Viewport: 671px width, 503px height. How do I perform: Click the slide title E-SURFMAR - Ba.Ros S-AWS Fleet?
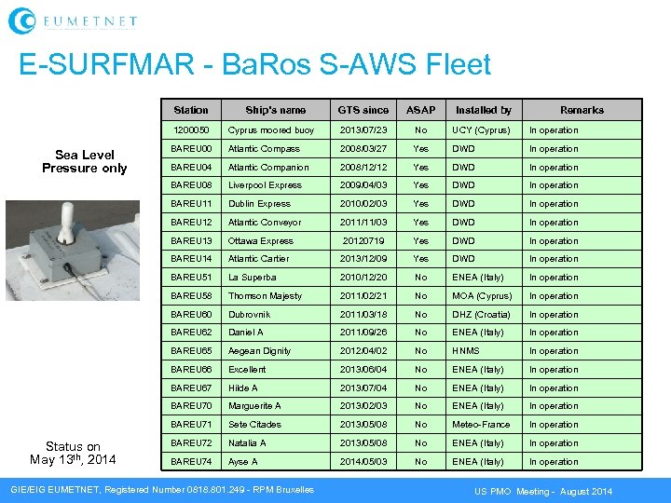[x=254, y=64]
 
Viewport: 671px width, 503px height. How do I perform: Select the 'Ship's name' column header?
[x=275, y=110]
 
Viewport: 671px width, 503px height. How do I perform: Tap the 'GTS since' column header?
[x=363, y=110]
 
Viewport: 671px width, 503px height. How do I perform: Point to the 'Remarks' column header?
[x=582, y=110]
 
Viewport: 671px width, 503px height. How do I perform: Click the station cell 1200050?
[x=191, y=130]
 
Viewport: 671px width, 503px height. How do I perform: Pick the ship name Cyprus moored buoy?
[x=271, y=130]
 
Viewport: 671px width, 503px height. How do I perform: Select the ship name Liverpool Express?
[x=265, y=185]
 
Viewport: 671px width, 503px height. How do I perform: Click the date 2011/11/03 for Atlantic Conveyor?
[x=363, y=223]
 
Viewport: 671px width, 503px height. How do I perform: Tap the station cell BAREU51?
[x=192, y=278]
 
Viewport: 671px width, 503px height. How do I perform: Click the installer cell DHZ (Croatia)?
[x=481, y=315]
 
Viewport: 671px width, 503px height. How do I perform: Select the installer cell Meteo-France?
[x=481, y=425]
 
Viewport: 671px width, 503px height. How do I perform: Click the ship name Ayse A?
[x=243, y=462]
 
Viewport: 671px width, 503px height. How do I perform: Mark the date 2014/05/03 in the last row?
[x=363, y=462]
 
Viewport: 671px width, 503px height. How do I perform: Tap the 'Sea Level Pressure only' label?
[x=84, y=161]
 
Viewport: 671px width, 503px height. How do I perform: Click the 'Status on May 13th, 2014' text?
[x=73, y=453]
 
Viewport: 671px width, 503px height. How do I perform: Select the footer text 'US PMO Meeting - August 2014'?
[x=543, y=491]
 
